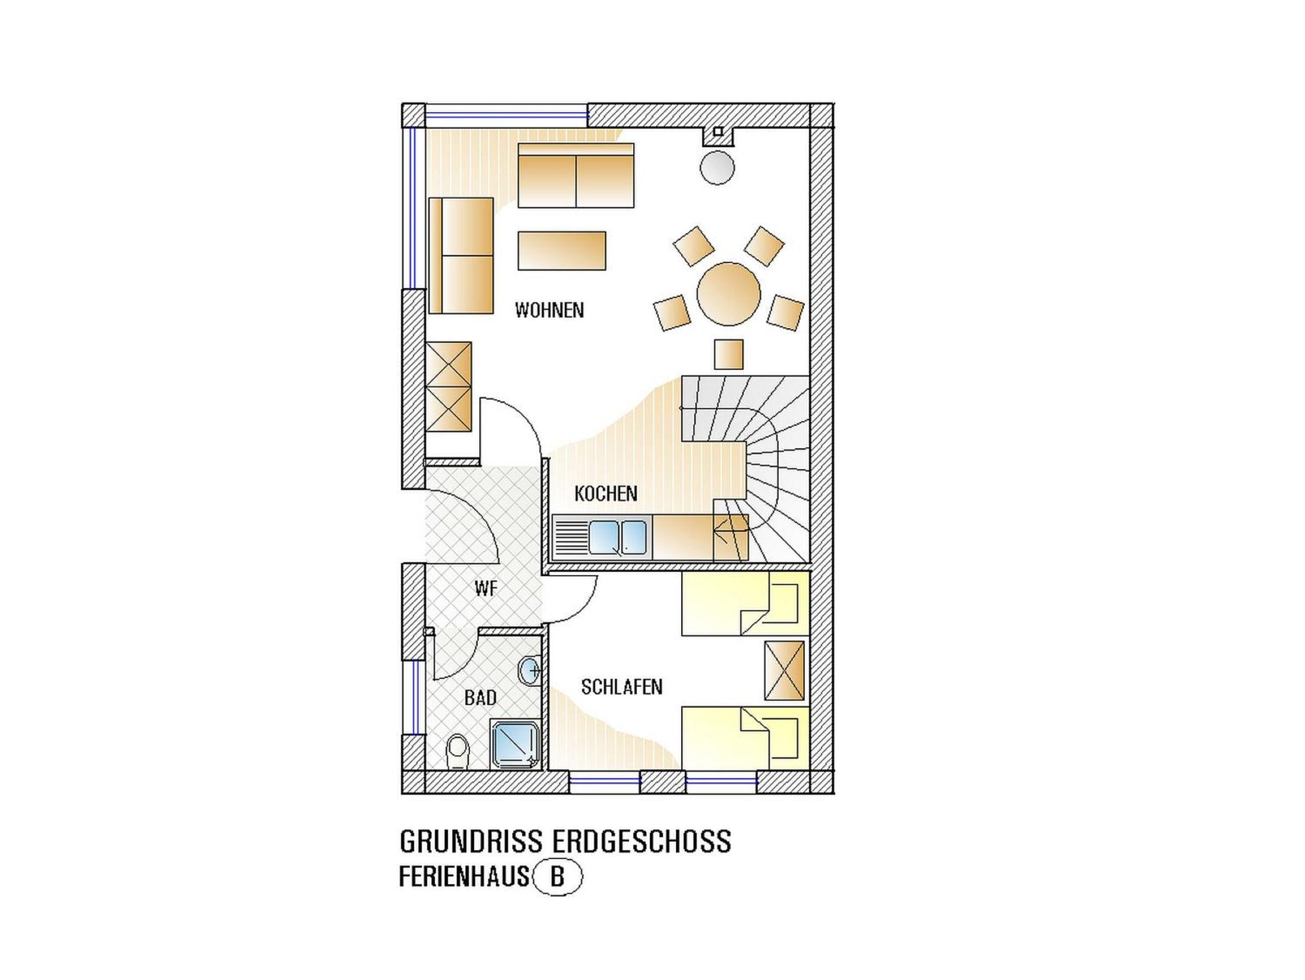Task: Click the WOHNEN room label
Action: (549, 310)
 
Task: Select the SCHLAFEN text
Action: (622, 687)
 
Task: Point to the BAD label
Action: (480, 698)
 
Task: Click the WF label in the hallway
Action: (486, 588)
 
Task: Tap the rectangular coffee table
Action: (561, 251)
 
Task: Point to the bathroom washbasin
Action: (529, 671)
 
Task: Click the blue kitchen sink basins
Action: (618, 538)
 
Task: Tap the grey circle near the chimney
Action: (718, 168)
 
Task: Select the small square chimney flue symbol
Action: (718, 132)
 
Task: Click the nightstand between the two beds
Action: (784, 671)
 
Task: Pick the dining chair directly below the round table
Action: (728, 355)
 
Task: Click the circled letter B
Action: (558, 893)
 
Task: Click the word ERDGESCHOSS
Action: (641, 841)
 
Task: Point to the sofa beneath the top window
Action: (576, 175)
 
